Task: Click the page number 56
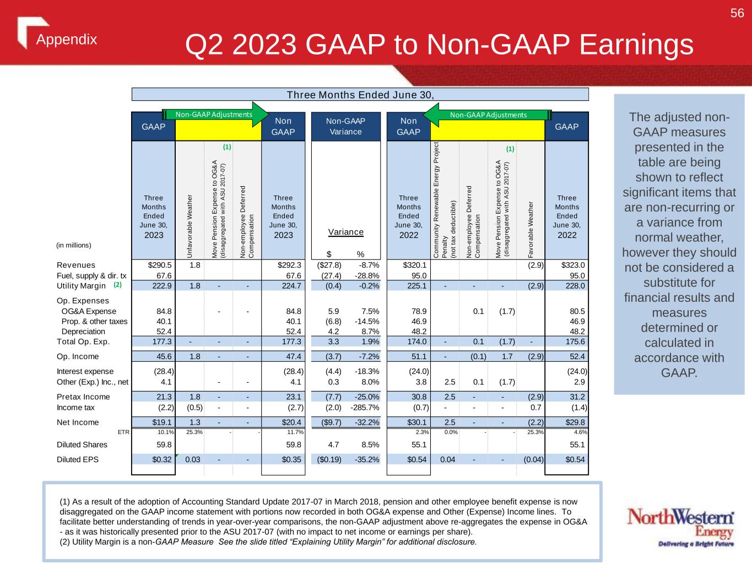pos(737,13)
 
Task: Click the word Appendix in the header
pos(67,40)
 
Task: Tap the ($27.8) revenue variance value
pos(329,265)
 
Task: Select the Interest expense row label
pos(85,371)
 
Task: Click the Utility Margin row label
pos(81,285)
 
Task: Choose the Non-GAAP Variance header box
pos(345,126)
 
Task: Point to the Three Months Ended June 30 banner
pos(360,94)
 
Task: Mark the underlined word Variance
pos(346,232)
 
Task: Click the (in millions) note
pos(74,245)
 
